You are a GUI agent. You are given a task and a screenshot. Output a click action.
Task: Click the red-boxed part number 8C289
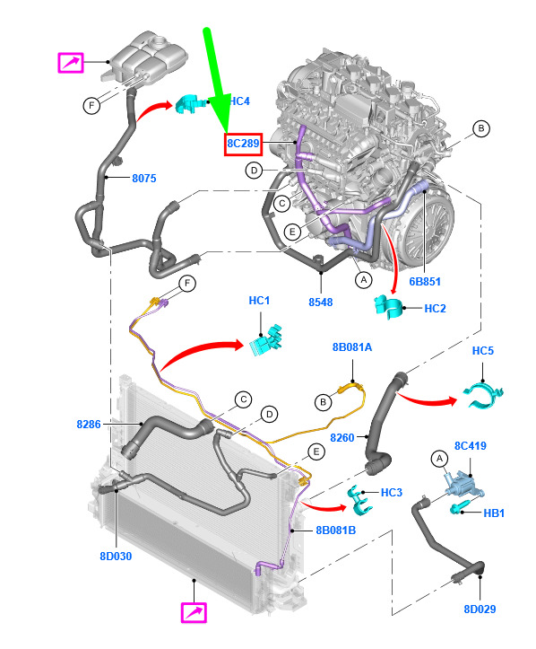[x=243, y=144]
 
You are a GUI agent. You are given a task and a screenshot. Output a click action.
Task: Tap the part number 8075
[x=144, y=179]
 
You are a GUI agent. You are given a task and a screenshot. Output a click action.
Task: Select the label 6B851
[x=425, y=282]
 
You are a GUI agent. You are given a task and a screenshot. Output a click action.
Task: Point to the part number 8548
[x=321, y=303]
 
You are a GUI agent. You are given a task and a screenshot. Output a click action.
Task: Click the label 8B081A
[x=352, y=347]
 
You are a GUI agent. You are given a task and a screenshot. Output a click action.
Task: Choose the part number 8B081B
[x=335, y=531]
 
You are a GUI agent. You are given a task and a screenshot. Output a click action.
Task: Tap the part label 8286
[x=89, y=425]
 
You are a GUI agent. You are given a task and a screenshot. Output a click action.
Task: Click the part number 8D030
[x=116, y=557]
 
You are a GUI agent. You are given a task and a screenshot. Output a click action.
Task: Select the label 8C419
[x=471, y=446]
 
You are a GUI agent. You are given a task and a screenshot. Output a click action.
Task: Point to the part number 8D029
[x=480, y=609]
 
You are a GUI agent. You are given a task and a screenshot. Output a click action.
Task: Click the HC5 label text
[x=483, y=351]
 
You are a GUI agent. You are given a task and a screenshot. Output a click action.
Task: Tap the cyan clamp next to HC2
[x=388, y=307]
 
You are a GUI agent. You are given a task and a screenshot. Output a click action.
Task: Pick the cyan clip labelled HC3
[x=359, y=500]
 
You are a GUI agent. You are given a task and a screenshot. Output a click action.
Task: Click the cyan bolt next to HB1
[x=460, y=507]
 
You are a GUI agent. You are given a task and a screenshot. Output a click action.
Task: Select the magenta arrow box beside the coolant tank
[x=71, y=63]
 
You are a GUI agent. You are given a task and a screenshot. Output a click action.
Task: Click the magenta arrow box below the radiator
[x=194, y=612]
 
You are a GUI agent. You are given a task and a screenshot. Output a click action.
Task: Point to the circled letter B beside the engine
[x=481, y=128]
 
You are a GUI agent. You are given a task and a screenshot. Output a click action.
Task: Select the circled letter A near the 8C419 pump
[x=439, y=458]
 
